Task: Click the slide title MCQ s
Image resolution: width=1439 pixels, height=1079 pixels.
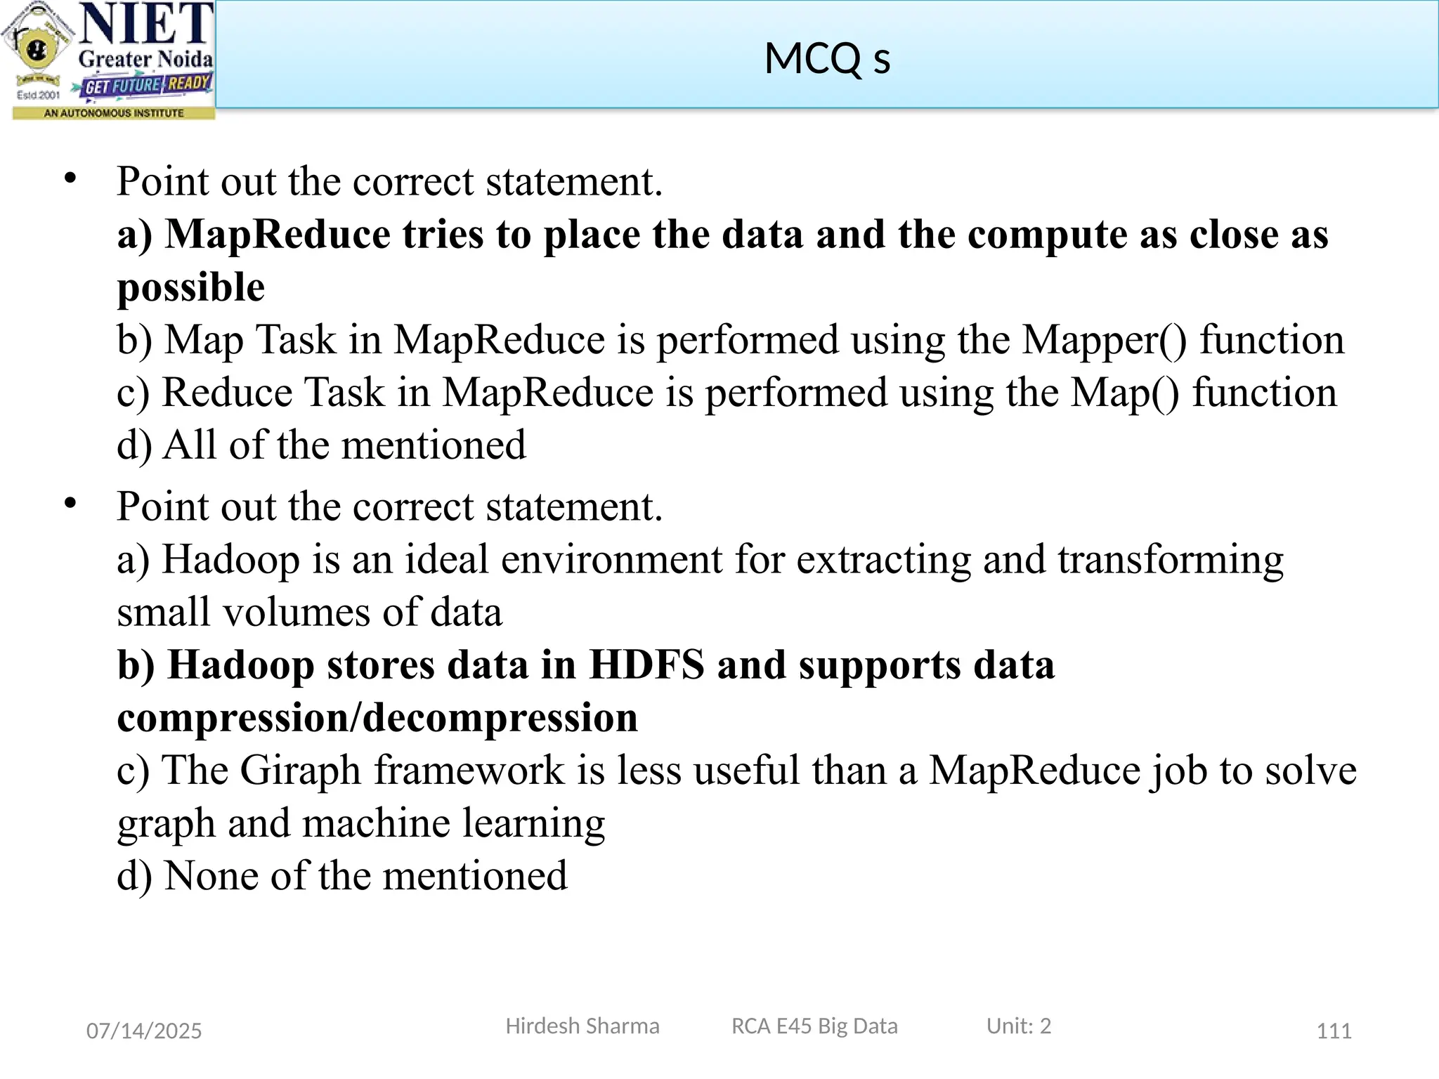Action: click(x=827, y=58)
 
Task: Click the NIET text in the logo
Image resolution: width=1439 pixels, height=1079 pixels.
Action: click(x=146, y=25)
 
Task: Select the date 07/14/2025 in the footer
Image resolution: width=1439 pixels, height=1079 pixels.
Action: click(x=144, y=1031)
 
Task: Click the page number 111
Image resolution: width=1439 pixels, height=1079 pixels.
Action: click(x=1334, y=1031)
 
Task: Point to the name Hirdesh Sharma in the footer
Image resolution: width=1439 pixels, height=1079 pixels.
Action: click(x=582, y=1026)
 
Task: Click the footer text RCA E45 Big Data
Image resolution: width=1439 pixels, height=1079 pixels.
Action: click(x=814, y=1026)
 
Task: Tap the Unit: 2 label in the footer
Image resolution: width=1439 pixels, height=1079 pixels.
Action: click(x=1018, y=1026)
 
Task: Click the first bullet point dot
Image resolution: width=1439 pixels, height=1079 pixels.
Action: click(x=70, y=178)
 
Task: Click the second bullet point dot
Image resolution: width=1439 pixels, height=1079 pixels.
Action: click(x=70, y=504)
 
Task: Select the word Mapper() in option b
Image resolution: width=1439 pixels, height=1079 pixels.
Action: click(x=1104, y=340)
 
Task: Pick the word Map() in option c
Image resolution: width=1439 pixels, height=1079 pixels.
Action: click(x=1125, y=393)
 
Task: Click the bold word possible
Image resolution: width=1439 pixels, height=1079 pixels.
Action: click(x=190, y=287)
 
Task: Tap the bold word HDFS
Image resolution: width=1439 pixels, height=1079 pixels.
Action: click(x=646, y=665)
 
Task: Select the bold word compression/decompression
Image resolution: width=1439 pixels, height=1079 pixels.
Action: click(x=377, y=717)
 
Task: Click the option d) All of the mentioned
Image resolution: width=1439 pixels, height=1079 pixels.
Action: click(x=321, y=445)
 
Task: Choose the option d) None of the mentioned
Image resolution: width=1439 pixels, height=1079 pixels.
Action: click(x=341, y=876)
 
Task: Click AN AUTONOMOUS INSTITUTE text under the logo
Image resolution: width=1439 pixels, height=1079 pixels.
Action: click(x=114, y=113)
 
